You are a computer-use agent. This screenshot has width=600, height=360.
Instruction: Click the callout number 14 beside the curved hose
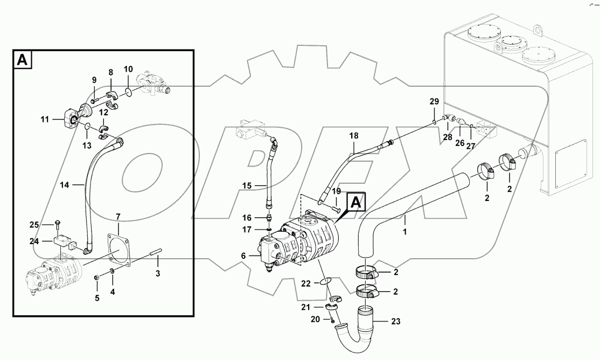[64, 185]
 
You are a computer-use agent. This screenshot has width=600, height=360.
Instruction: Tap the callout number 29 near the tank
[434, 101]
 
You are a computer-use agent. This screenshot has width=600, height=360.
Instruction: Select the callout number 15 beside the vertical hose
[247, 186]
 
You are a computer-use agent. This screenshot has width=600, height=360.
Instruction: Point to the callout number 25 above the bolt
[34, 224]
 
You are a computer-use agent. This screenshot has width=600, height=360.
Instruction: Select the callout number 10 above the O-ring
[128, 69]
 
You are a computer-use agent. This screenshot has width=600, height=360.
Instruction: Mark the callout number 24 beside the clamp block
[34, 241]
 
